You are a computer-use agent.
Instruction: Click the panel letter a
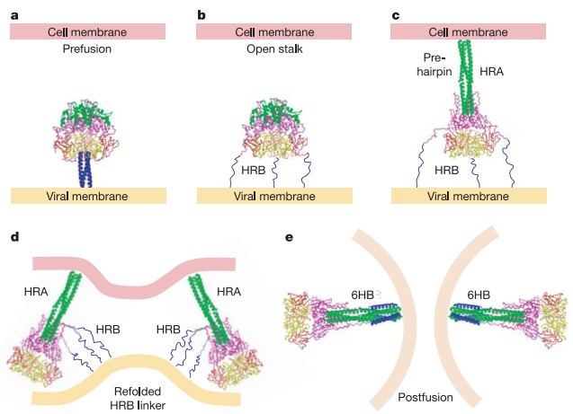point(13,10)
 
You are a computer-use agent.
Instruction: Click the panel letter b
point(201,10)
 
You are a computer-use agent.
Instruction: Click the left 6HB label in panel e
point(363,293)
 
